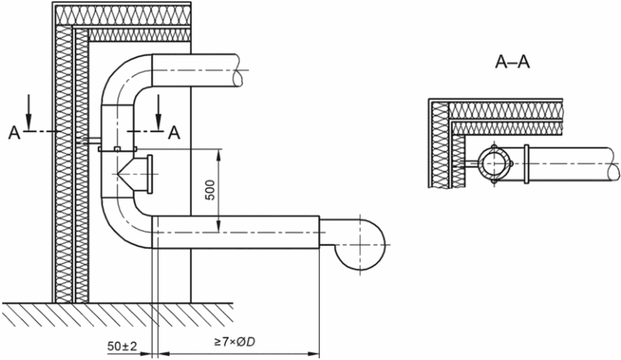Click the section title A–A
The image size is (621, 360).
512,62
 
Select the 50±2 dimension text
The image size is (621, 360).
122,346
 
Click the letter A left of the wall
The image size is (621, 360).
14,132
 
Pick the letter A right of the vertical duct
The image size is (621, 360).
174,132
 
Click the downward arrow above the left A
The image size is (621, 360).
29,112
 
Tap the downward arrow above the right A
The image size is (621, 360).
158,112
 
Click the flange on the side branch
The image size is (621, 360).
150,175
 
